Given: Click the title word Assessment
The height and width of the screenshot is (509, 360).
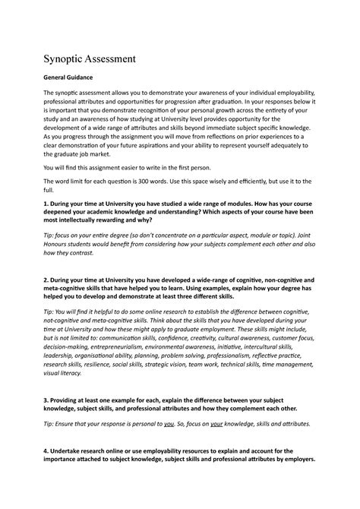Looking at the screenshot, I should (103, 57).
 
